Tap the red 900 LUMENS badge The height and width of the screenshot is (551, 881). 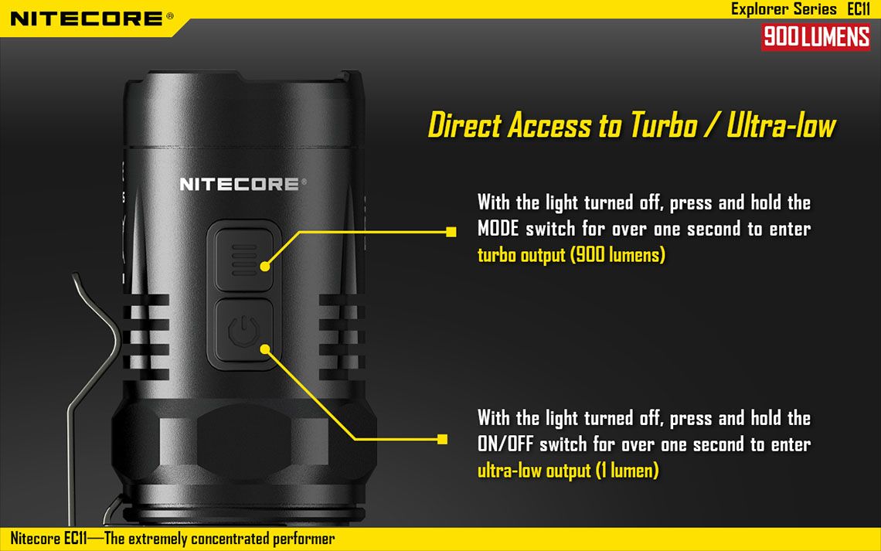pyautogui.click(x=816, y=37)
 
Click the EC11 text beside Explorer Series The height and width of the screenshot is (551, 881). pyautogui.click(x=859, y=9)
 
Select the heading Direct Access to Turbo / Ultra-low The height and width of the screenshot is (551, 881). pyautogui.click(x=632, y=124)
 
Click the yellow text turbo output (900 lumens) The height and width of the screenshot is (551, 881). pyautogui.click(x=571, y=255)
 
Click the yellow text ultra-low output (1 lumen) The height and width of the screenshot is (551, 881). pyautogui.click(x=568, y=471)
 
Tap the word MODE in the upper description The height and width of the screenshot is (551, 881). pyautogui.click(x=498, y=229)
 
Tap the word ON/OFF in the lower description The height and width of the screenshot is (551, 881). pyautogui.click(x=505, y=444)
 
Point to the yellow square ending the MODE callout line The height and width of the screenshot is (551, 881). pyautogui.click(x=451, y=231)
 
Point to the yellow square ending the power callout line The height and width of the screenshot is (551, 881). pyautogui.click(x=442, y=439)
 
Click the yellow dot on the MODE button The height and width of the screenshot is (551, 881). pyautogui.click(x=265, y=267)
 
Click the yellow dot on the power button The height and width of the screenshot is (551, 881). pyautogui.click(x=265, y=349)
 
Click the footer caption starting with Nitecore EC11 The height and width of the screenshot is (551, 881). pyautogui.click(x=172, y=539)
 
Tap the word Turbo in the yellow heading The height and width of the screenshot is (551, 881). pyautogui.click(x=664, y=124)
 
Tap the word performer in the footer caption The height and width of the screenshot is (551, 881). pyautogui.click(x=304, y=539)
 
